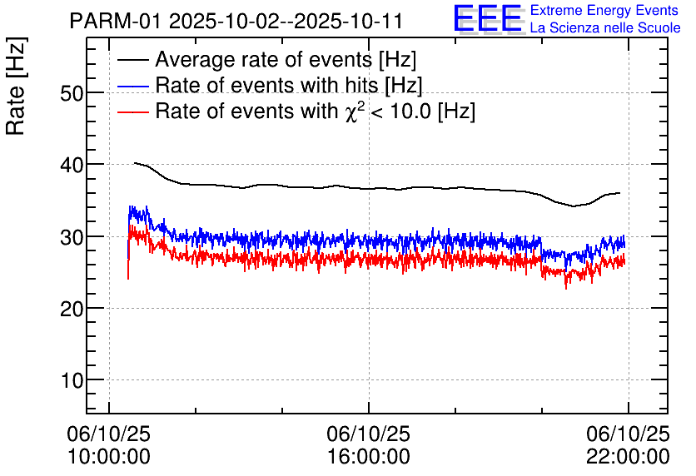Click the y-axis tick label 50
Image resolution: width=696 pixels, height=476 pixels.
click(x=72, y=93)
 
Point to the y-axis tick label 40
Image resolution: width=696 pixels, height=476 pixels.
click(x=72, y=165)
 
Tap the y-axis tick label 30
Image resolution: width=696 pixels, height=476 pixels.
click(x=72, y=237)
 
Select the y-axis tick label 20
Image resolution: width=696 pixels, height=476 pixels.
click(x=72, y=309)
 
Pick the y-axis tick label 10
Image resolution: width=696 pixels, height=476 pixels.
click(x=72, y=380)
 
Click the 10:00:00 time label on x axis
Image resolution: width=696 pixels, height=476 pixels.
click(x=109, y=456)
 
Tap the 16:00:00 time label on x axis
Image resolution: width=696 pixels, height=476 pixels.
click(x=368, y=456)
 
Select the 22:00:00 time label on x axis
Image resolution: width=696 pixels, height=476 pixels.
click(x=627, y=456)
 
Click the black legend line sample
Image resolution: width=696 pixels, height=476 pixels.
click(x=132, y=61)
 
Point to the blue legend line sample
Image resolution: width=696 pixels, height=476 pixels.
click(x=132, y=86)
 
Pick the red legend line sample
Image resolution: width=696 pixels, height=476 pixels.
click(x=132, y=111)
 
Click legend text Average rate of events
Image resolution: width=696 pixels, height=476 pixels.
click(x=286, y=61)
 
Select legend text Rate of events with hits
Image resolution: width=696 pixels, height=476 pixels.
click(x=288, y=86)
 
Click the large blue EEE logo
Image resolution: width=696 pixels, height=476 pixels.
click(x=488, y=19)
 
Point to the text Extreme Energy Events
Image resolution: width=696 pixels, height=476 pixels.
click(x=604, y=11)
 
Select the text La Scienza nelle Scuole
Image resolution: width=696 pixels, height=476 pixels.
click(x=604, y=28)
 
